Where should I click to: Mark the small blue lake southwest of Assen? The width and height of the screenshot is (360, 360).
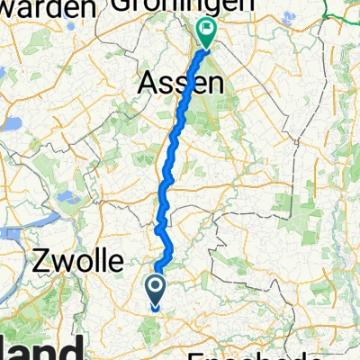tap(62, 196)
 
